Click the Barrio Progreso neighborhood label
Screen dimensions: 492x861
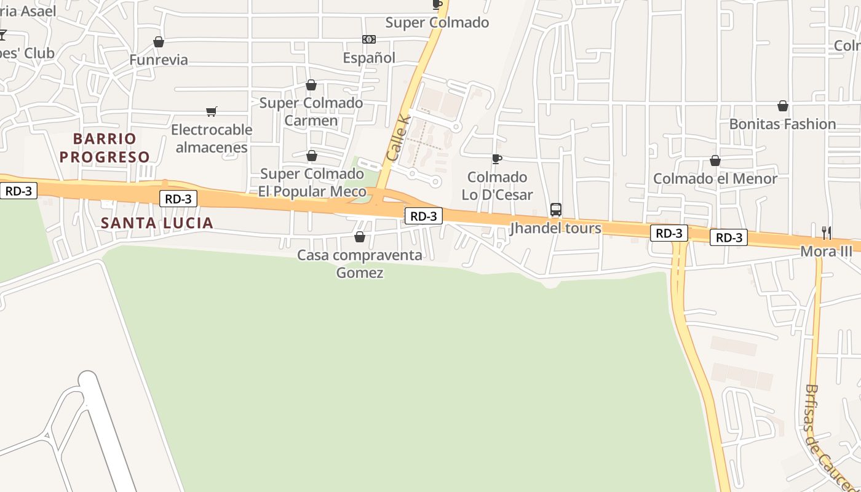pyautogui.click(x=105, y=148)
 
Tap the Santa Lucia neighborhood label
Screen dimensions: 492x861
pyautogui.click(x=157, y=223)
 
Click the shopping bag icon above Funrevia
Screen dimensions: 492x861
pyautogui.click(x=159, y=42)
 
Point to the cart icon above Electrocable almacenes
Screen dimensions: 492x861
pyautogui.click(x=212, y=111)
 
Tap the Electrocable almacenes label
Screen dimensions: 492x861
pyautogui.click(x=212, y=138)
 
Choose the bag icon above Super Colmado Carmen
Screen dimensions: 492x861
pyautogui.click(x=311, y=85)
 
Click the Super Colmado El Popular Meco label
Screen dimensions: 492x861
pyautogui.click(x=312, y=183)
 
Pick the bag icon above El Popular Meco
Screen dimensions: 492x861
pyautogui.click(x=312, y=156)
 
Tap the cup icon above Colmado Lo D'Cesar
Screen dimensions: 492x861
pyautogui.click(x=497, y=159)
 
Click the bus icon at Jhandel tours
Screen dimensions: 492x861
pyautogui.click(x=556, y=210)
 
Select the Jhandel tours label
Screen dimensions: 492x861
pyautogui.click(x=556, y=228)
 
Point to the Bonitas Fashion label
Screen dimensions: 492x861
pyautogui.click(x=782, y=124)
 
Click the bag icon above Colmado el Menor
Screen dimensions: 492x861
pyautogui.click(x=715, y=161)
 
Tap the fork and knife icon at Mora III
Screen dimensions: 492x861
pyautogui.click(x=827, y=232)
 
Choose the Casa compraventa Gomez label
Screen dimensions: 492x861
pyautogui.click(x=360, y=263)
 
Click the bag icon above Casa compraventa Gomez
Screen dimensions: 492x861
pyautogui.click(x=360, y=237)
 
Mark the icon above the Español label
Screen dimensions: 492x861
pyautogui.click(x=369, y=39)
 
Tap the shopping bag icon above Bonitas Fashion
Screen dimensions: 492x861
pyautogui.click(x=783, y=106)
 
